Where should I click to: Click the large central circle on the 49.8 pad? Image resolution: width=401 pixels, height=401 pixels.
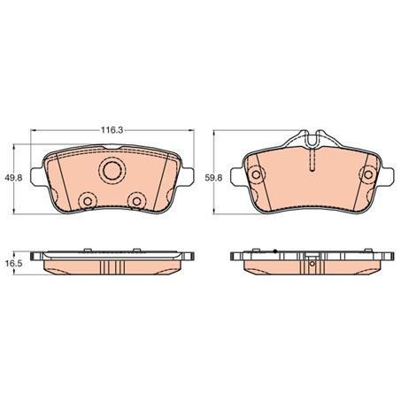pos(112,171)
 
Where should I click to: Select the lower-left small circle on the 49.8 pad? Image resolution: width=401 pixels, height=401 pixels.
pos(87,201)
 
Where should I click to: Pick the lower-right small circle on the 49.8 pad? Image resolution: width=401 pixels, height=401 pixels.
pos(137,201)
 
